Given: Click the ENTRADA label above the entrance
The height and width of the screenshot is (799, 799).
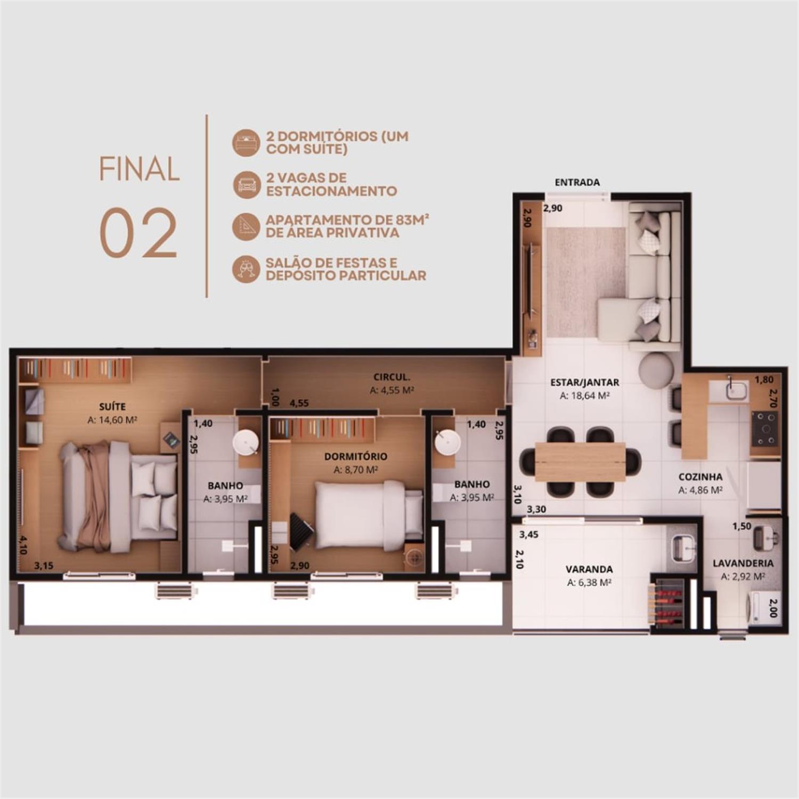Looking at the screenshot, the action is [x=577, y=182].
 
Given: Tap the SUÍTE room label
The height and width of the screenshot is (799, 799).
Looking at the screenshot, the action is [x=112, y=406].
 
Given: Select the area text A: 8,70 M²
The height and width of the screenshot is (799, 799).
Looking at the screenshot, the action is [x=356, y=470].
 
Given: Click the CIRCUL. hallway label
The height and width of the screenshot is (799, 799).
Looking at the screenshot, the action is [x=392, y=377].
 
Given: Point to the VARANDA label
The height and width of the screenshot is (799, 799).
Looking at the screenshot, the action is [x=589, y=569].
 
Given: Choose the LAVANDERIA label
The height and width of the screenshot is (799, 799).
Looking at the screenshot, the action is [x=743, y=563].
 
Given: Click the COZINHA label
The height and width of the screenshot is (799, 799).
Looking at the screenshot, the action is [x=700, y=477].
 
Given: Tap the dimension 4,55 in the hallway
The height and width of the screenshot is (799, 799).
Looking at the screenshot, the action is [x=299, y=403].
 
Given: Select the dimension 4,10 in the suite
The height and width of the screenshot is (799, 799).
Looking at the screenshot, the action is [x=22, y=545].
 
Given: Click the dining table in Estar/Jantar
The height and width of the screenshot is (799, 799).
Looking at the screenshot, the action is [x=580, y=461].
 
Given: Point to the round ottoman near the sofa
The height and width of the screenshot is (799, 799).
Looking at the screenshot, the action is [x=656, y=369].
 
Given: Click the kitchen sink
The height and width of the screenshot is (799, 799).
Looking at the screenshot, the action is [x=736, y=389].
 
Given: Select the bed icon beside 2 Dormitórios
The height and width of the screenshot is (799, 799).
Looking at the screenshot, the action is [x=246, y=142].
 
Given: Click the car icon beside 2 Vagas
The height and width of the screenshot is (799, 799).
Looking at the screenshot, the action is [x=246, y=184].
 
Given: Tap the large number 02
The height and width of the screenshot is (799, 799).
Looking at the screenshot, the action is [x=138, y=233].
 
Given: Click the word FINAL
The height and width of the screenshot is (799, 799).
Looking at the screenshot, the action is [x=139, y=169].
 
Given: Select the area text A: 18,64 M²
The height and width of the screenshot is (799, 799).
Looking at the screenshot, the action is [x=584, y=396].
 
